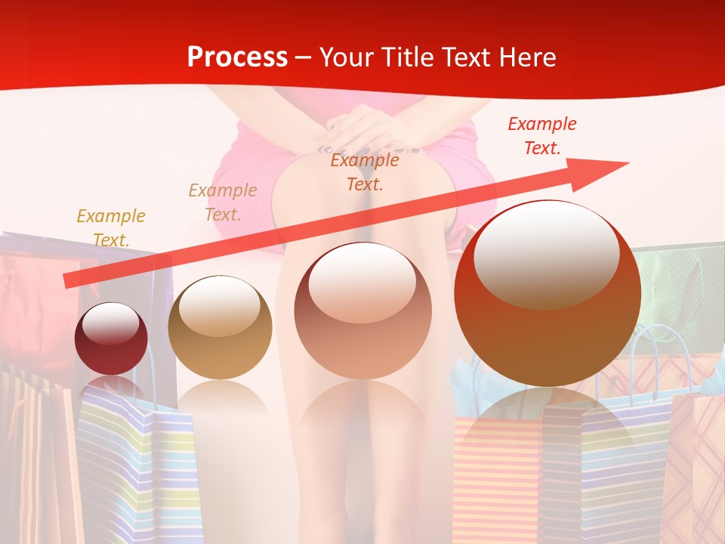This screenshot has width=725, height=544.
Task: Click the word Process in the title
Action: pyautogui.click(x=237, y=57)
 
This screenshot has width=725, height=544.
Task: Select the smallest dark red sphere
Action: pyautogui.click(x=111, y=338)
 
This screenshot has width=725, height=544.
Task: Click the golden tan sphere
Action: pyautogui.click(x=220, y=328)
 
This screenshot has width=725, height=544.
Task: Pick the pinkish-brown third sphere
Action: pyautogui.click(x=363, y=311)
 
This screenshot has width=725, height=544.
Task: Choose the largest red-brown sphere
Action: pyautogui.click(x=548, y=293)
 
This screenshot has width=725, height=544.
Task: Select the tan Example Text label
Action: pyautogui.click(x=222, y=202)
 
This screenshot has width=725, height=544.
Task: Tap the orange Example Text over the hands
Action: pyautogui.click(x=365, y=172)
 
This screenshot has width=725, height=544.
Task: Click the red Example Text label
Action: pyautogui.click(x=542, y=136)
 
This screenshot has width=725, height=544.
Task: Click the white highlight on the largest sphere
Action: pyautogui.click(x=546, y=252)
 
